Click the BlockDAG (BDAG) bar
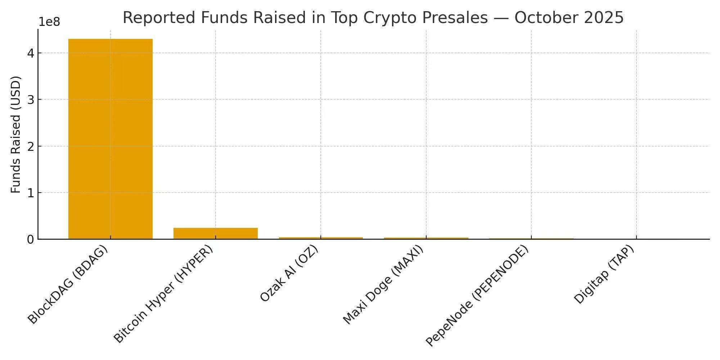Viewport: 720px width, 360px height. tap(110, 139)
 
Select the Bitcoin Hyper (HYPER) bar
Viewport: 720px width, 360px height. tap(215, 233)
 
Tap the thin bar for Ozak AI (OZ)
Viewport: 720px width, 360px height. tap(321, 238)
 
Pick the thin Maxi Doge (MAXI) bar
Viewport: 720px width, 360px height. tap(426, 238)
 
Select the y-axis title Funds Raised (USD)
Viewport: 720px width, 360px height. tap(16, 134)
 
